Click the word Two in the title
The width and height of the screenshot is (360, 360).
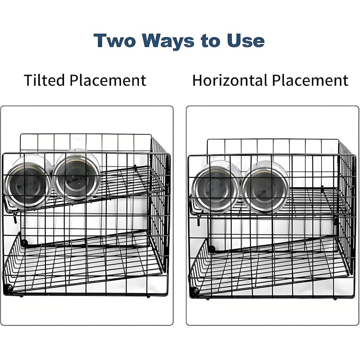pos(114,41)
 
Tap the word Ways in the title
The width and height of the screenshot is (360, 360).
pos(168,41)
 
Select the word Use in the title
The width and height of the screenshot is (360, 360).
pos(246,41)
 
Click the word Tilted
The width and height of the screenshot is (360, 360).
pos(44,80)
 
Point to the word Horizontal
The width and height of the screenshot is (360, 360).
pos(230,80)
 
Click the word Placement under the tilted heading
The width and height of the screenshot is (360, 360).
pos(108,80)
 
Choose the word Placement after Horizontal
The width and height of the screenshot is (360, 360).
pos(310,80)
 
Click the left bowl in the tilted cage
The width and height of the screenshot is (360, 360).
pos(29,181)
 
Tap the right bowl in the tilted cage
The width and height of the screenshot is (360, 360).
pos(77,176)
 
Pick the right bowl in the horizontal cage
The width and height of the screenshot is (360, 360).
pos(265,187)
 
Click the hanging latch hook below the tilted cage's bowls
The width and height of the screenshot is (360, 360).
pos(15,218)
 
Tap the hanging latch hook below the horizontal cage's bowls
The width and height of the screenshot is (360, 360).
pos(199,220)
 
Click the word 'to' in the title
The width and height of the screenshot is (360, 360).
pos(211,41)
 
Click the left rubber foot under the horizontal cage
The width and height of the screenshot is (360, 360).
pos(208,299)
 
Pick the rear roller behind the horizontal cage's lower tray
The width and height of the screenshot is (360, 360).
pos(212,248)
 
